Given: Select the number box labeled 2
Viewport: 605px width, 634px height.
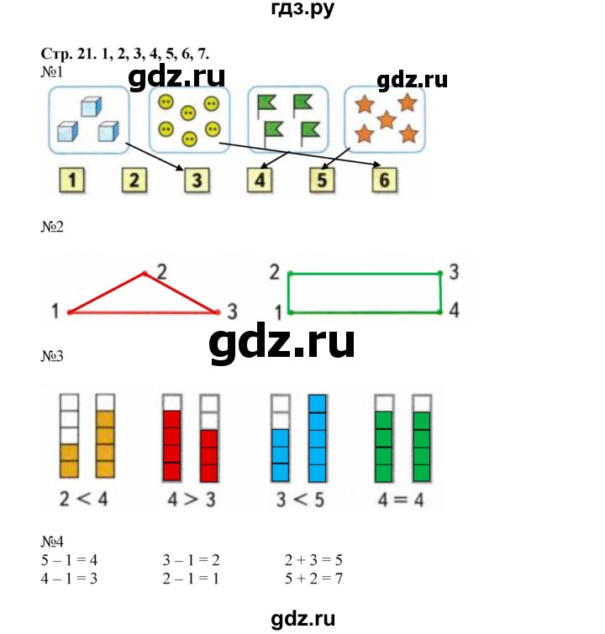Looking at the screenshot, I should tap(134, 180).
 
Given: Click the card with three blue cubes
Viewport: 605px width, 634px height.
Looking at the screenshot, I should tap(88, 120).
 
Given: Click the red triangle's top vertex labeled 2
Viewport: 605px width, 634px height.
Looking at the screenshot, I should tap(145, 274).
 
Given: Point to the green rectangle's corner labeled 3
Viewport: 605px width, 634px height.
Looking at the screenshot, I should tap(440, 274).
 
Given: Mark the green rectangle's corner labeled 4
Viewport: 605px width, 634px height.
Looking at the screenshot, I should tap(440, 312).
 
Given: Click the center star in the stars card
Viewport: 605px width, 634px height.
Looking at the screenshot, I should tap(386, 120).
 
